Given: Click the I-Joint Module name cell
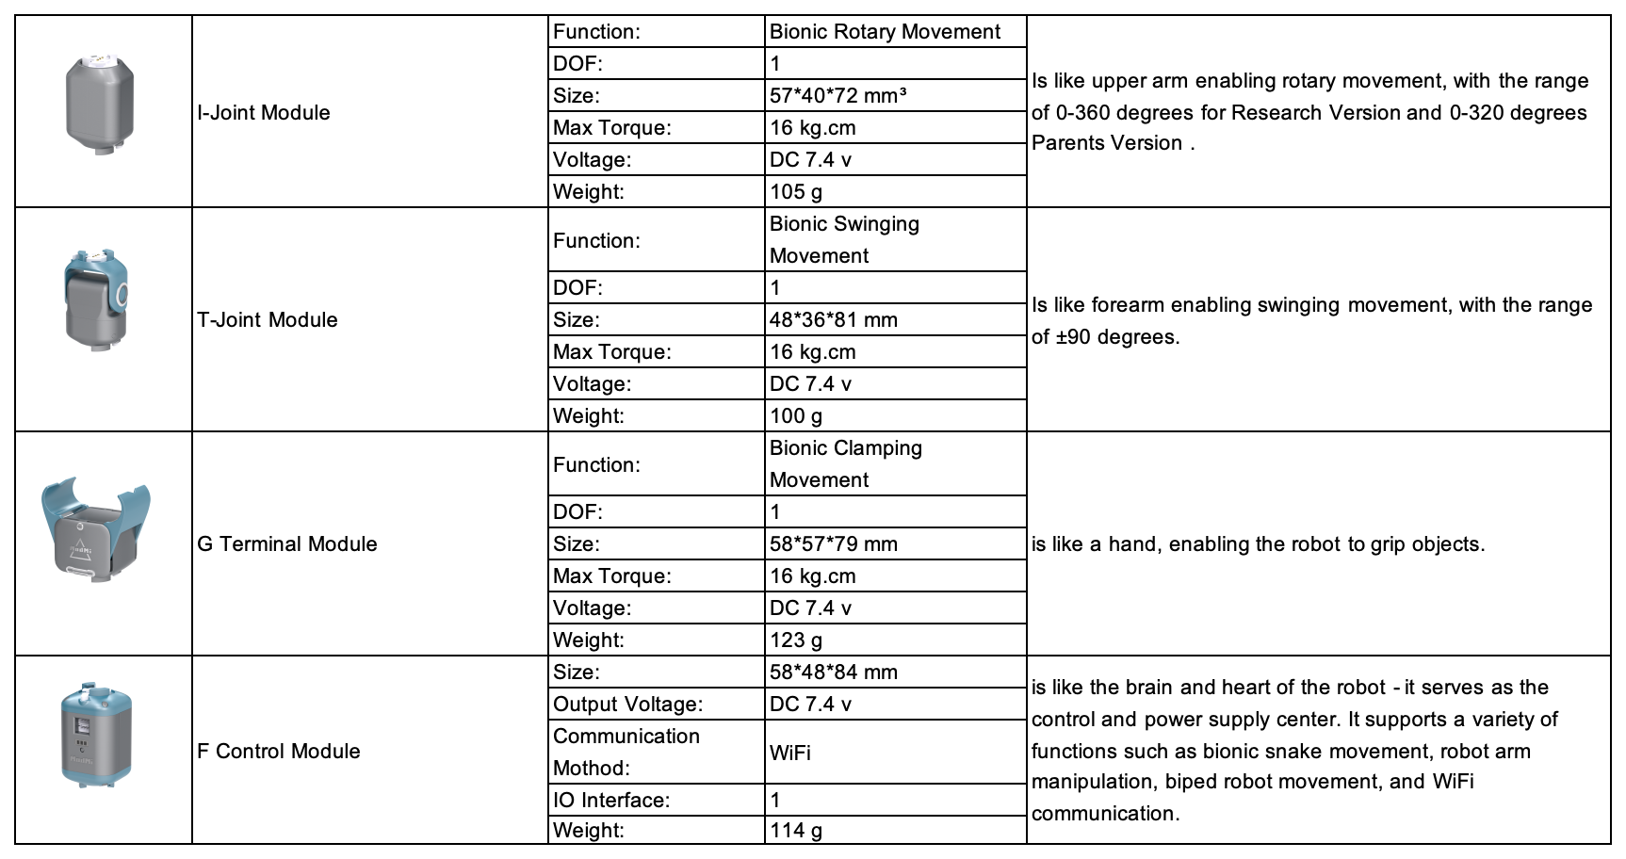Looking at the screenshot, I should tap(264, 112).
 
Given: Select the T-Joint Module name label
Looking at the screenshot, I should tap(268, 319).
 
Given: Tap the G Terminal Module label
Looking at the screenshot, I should tap(287, 543).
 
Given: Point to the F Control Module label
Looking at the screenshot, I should tap(279, 751).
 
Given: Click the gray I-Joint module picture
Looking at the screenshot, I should tap(100, 104).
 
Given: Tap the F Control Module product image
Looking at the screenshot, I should tap(95, 736).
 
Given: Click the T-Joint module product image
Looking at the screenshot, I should tap(95, 301).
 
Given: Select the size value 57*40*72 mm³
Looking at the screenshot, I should tap(838, 95).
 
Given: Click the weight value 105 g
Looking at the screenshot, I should tap(796, 191).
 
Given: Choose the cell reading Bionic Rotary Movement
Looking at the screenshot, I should tap(885, 31).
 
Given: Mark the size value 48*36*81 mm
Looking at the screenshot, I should tap(833, 319).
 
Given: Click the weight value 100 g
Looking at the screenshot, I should tap(796, 415).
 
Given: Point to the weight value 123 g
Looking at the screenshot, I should tap(796, 640).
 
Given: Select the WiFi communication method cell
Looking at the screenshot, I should tap(790, 752).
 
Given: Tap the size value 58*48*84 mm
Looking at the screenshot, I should tap(833, 672).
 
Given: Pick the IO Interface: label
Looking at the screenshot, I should tap(611, 800).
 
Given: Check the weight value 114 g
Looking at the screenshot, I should tap(796, 830).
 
